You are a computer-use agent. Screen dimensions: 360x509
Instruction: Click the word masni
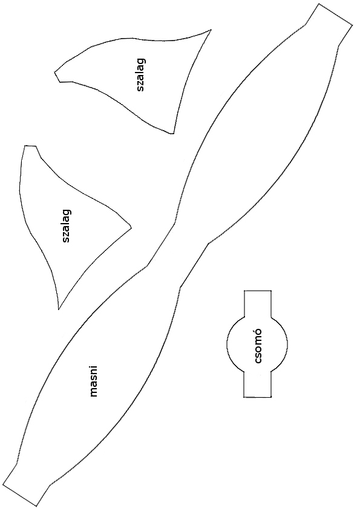[94, 381]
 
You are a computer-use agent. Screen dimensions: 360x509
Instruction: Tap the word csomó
[257, 346]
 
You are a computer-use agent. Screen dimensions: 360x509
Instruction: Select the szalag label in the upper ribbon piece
[141, 75]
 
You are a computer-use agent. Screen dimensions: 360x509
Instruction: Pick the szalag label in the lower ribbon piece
[67, 226]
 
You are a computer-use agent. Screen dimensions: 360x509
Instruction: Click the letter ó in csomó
[257, 332]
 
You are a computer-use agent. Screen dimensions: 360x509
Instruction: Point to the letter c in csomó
[258, 361]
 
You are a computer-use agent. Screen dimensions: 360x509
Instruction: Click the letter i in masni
[94, 367]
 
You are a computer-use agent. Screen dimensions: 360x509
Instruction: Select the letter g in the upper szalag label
[142, 61]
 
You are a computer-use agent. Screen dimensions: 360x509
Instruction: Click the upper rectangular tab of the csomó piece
[257, 303]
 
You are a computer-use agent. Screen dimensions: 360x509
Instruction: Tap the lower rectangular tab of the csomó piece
[257, 384]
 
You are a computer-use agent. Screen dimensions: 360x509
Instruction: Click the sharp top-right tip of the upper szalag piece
[211, 30]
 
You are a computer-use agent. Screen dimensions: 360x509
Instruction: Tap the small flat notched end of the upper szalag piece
[57, 77]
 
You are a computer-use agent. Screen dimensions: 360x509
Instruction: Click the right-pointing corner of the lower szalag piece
[131, 227]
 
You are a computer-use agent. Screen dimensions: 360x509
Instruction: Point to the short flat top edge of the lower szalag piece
[30, 146]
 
